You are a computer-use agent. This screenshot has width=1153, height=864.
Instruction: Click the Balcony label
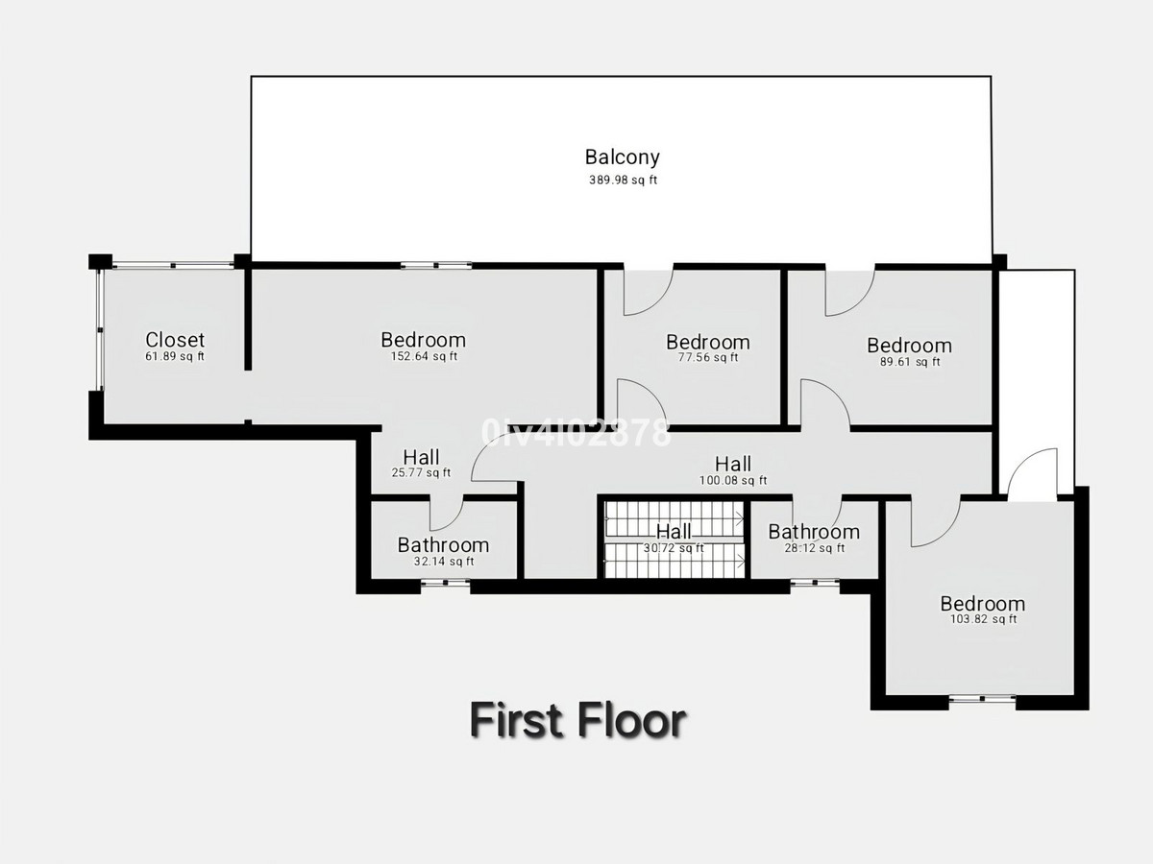622,157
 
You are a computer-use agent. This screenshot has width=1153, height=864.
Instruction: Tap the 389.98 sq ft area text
622,180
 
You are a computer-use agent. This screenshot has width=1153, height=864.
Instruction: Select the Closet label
175,340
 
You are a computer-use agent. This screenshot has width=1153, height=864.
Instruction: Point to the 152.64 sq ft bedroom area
423,357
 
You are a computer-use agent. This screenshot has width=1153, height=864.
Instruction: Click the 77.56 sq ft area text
707,358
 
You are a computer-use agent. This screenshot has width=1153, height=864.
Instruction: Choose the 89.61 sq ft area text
909,362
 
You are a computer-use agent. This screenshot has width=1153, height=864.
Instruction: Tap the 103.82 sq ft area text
982,620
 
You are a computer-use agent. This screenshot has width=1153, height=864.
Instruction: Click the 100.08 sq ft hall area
733,481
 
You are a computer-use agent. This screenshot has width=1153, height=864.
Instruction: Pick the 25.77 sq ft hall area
421,472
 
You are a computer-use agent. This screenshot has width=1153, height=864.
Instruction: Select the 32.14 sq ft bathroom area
443,562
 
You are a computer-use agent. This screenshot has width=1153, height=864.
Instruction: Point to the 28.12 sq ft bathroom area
814,549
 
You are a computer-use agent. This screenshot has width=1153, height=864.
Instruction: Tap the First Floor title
577,720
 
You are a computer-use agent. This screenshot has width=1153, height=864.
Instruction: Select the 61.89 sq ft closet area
175,357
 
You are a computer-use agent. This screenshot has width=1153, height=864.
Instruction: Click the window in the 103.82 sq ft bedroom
982,700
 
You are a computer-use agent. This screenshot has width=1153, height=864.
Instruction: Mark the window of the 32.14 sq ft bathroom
445,583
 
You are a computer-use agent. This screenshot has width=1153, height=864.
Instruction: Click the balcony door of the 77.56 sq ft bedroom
648,290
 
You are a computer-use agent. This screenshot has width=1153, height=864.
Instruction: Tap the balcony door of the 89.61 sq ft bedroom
849,290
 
